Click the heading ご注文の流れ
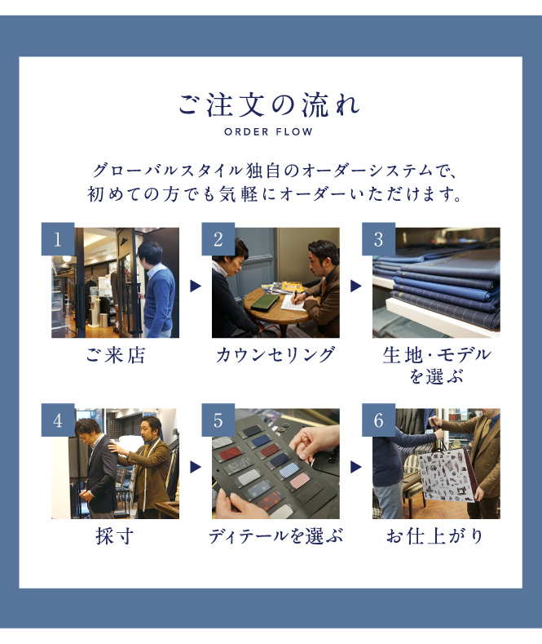(x=269, y=105)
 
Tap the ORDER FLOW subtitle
(x=268, y=132)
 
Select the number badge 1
(x=58, y=239)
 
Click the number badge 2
(x=218, y=239)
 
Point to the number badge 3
(x=378, y=239)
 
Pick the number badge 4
(x=58, y=420)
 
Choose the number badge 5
(x=218, y=420)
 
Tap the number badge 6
(x=378, y=420)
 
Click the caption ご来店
(x=115, y=355)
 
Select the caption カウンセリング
(x=275, y=355)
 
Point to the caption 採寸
(x=115, y=536)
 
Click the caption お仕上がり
(x=435, y=536)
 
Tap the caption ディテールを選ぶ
(x=275, y=536)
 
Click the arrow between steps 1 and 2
(x=196, y=286)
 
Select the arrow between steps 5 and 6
(x=356, y=467)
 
